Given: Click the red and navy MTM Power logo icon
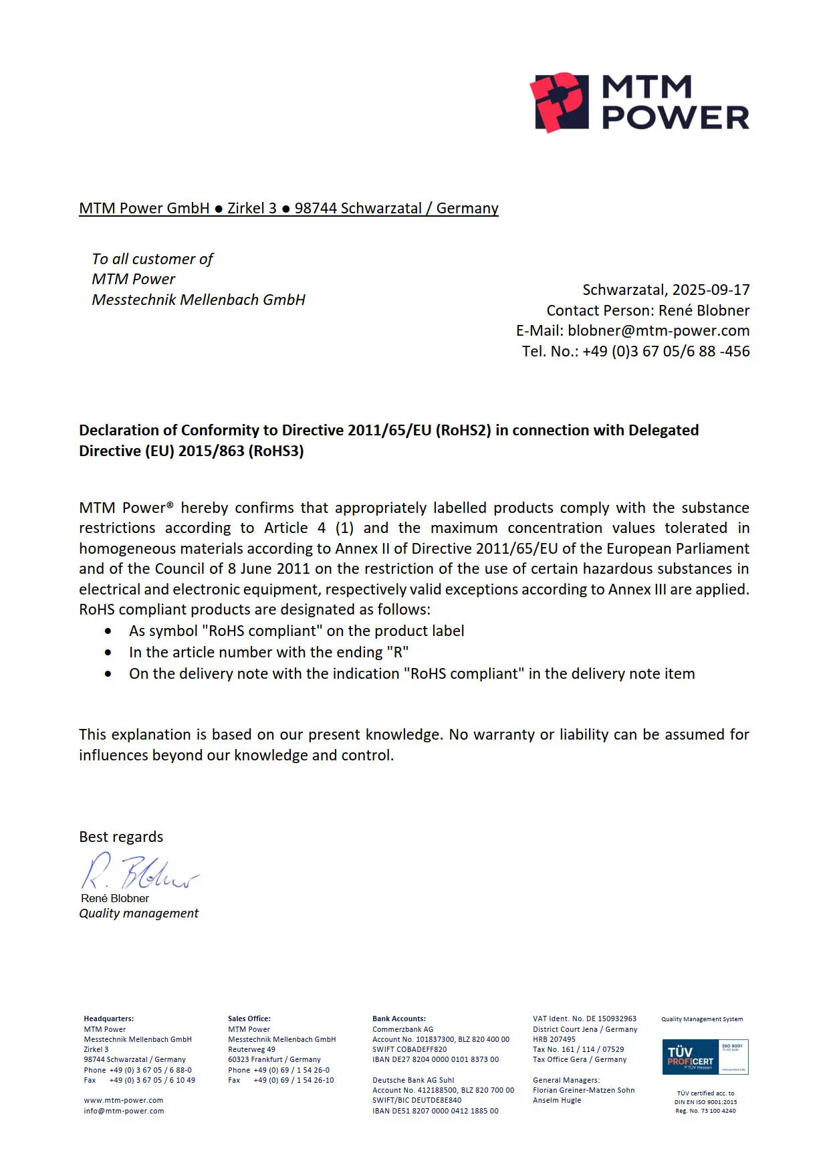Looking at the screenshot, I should pos(560,102).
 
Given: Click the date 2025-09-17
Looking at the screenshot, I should pos(711,290).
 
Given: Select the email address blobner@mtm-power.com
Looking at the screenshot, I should pos(659,330).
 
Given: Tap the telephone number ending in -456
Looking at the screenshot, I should pos(666,351).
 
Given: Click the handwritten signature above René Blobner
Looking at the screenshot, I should pos(139,871).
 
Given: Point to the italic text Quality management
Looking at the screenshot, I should pos(138,914).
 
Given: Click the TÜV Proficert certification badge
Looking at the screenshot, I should pos(705,1057).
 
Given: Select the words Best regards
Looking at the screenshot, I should pos(121,837).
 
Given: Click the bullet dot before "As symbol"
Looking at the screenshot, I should pos(108,631).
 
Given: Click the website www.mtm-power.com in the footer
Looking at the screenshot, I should pos(124,1100).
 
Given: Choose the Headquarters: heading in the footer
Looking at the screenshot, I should pos(108,1019).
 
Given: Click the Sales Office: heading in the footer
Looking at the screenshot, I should pos(249,1019).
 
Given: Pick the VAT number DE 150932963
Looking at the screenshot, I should pos(611,1019).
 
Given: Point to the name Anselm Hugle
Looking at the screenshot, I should pos(557,1100).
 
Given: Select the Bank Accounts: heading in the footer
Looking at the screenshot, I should pos(398,1019).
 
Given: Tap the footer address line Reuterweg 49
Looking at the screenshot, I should pos(251,1049).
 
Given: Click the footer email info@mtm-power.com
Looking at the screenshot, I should pos(124,1111).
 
